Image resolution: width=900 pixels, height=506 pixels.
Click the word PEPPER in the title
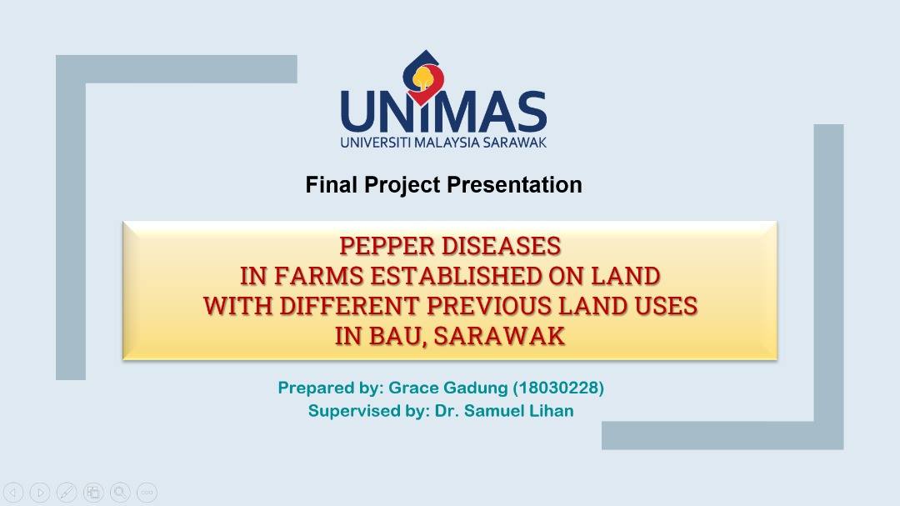(387, 247)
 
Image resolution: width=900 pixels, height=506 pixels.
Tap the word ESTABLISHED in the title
(456, 276)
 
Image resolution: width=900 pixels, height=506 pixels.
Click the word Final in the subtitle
(331, 185)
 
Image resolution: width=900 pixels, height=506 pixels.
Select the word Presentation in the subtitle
(514, 185)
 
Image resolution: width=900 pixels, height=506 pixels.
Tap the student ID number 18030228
(557, 388)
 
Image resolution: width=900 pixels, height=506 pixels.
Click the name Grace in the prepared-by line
(413, 388)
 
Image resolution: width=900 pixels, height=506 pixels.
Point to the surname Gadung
(475, 388)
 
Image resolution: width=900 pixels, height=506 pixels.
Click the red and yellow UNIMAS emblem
(424, 78)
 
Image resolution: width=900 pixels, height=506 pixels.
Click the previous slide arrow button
(13, 492)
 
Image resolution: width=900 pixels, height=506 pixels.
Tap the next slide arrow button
(40, 492)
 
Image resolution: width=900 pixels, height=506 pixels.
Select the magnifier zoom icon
(120, 492)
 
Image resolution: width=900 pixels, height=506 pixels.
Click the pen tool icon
(67, 492)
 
